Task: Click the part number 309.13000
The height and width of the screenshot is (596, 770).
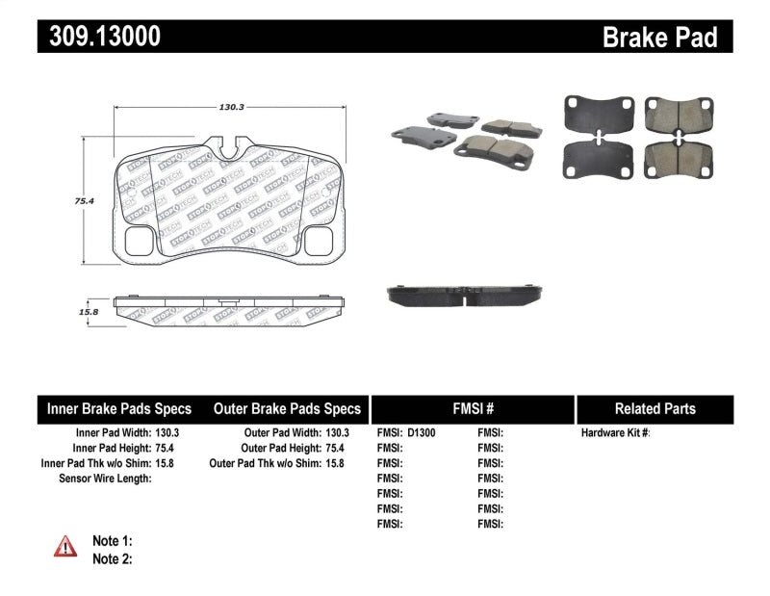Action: tap(100, 36)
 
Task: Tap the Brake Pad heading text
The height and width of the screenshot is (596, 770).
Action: tap(659, 37)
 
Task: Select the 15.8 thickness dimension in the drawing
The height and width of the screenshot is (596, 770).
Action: tap(90, 312)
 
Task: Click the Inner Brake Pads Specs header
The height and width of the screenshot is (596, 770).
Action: tap(119, 408)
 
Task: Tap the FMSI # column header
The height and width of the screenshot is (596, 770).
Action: tap(473, 408)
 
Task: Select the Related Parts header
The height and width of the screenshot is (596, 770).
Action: tap(654, 408)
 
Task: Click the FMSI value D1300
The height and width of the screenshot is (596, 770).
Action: tap(422, 433)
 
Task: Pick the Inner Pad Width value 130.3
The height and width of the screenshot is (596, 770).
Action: tap(167, 433)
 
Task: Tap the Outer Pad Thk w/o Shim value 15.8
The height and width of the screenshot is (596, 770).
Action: tap(334, 463)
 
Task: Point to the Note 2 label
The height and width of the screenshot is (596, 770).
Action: tap(112, 558)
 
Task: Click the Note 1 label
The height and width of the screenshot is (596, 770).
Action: tap(112, 541)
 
